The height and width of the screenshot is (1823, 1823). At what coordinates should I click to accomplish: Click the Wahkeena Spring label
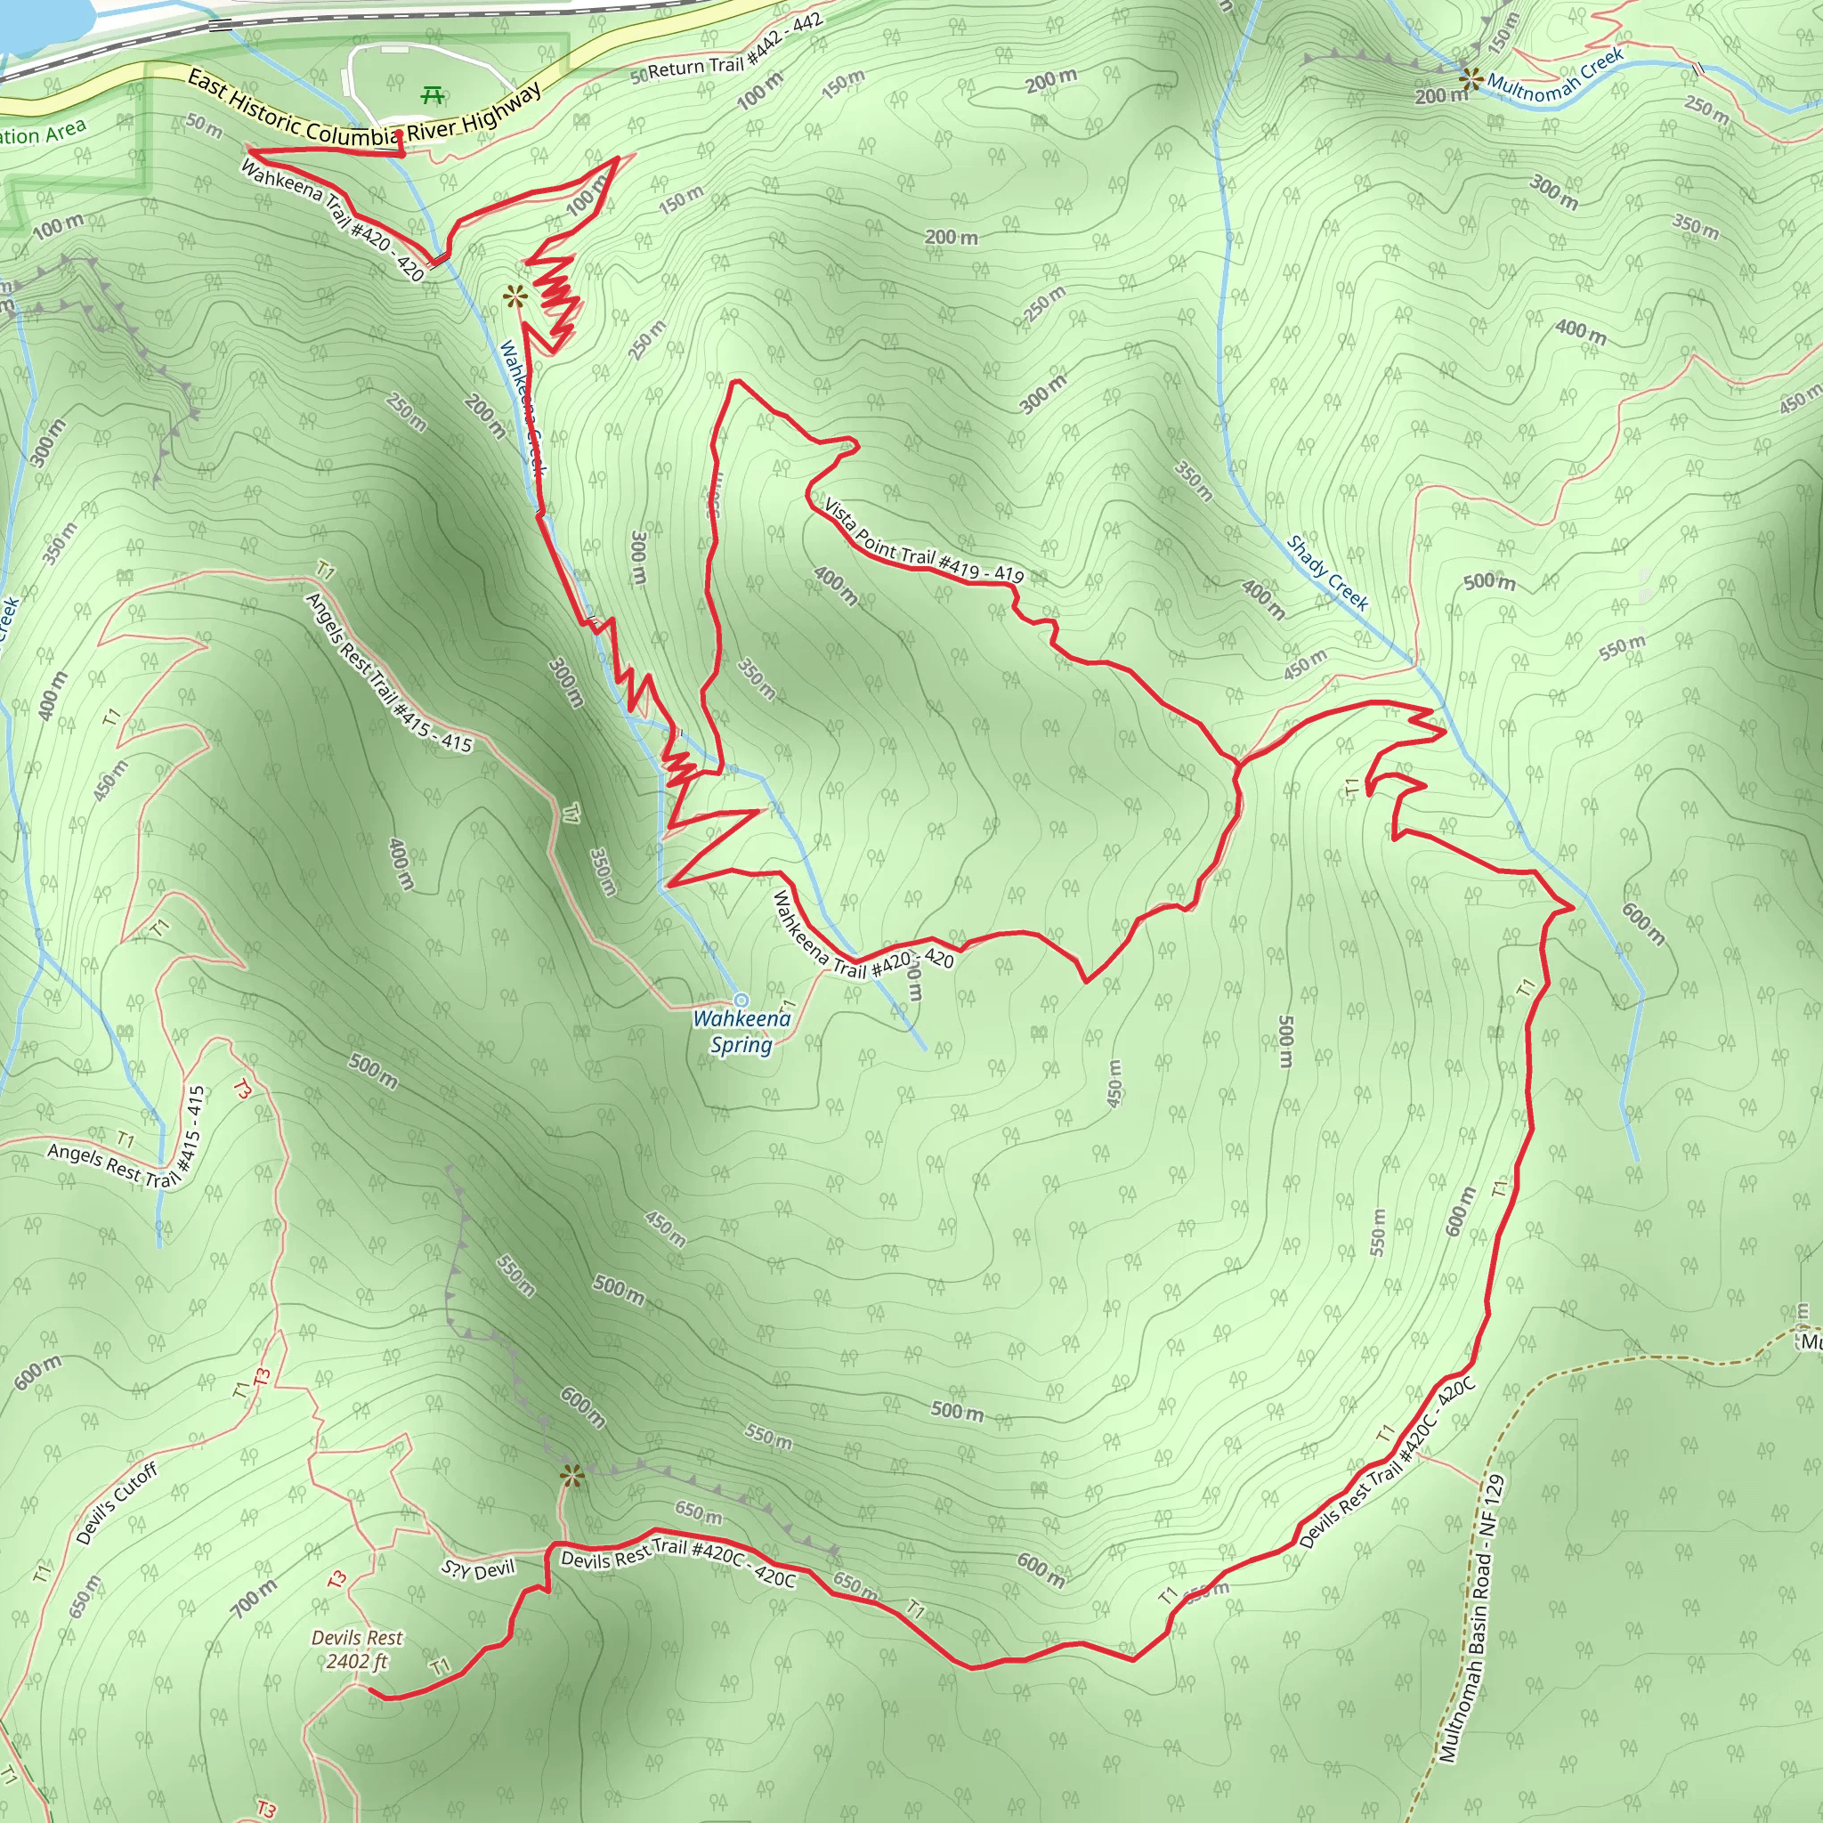click(741, 1032)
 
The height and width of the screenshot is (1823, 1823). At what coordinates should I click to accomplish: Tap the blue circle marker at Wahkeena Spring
click(741, 1001)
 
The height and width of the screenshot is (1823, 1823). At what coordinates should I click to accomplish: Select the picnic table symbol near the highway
click(433, 94)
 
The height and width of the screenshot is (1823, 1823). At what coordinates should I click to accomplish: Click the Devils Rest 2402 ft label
click(357, 1649)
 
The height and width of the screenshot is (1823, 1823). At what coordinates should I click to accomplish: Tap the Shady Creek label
click(1327, 571)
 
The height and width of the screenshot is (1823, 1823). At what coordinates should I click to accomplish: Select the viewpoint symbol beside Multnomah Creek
click(1469, 78)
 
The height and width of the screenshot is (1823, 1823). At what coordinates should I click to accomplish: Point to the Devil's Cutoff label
click(116, 1503)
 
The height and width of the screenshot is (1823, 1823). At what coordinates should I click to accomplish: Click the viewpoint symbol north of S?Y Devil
click(571, 1476)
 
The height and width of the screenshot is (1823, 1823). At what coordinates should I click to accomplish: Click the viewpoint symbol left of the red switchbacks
click(514, 298)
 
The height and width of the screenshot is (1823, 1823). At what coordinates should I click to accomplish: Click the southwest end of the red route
click(370, 1694)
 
